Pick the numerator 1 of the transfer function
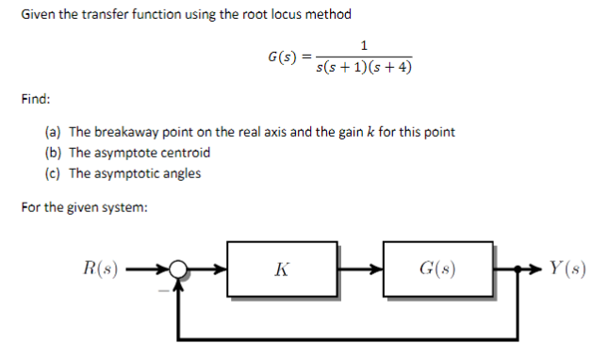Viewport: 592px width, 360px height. coord(364,44)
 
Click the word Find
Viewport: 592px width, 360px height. coord(36,98)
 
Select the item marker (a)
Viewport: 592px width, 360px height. coord(53,132)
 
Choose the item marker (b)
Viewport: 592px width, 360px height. coord(53,153)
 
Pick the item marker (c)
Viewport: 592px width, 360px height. coord(53,173)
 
